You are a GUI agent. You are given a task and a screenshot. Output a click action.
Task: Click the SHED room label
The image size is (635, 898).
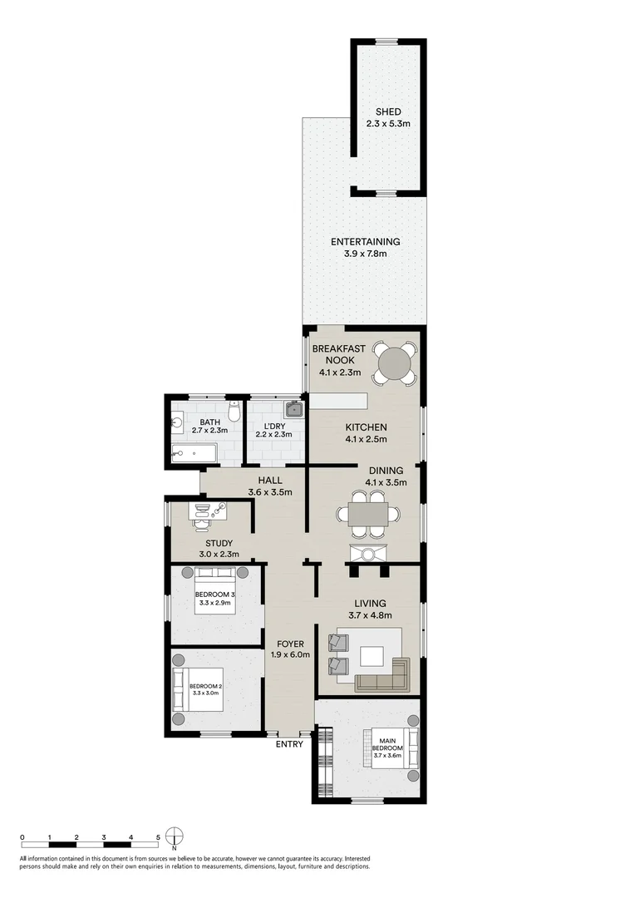tap(388, 112)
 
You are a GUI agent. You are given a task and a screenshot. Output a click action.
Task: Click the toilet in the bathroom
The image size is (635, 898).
tap(234, 412)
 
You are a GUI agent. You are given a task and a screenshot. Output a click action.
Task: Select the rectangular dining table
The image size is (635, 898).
tap(367, 516)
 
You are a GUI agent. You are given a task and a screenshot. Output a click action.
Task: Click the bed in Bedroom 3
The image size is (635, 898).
tap(216, 592)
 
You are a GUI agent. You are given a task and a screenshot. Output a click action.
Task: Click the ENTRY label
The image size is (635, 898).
tap(290, 744)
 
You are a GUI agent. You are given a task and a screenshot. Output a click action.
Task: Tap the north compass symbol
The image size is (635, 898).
tap(174, 836)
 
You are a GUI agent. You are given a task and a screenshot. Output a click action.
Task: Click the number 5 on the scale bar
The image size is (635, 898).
tap(158, 837)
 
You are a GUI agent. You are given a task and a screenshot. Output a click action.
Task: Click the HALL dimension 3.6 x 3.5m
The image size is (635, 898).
tap(270, 492)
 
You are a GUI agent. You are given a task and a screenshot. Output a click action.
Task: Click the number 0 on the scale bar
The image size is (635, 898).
tap(22, 837)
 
